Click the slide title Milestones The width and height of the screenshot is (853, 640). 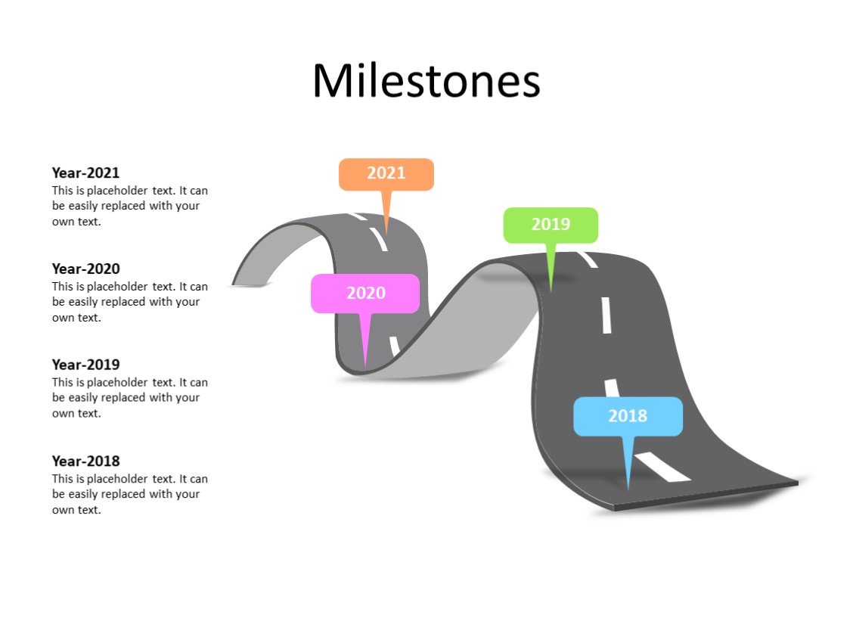[426, 80]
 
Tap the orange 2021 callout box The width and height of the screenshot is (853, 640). [386, 173]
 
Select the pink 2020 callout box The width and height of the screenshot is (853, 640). [365, 293]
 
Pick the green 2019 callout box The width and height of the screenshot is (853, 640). [551, 225]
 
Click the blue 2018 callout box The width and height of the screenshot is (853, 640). [628, 416]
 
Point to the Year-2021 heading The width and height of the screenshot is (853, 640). [85, 172]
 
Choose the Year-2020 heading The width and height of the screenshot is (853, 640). [85, 269]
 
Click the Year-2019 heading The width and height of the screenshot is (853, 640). [85, 365]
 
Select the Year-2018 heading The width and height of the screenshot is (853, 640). [85, 461]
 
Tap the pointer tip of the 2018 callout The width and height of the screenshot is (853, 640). [628, 489]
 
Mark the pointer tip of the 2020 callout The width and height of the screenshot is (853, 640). [366, 367]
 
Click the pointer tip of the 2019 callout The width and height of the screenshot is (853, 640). [551, 290]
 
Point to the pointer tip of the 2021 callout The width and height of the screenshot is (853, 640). [386, 233]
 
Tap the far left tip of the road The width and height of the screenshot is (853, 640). [234, 284]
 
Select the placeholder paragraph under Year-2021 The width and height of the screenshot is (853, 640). [129, 206]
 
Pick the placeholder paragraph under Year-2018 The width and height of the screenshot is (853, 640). [129, 494]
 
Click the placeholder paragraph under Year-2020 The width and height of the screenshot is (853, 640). [129, 302]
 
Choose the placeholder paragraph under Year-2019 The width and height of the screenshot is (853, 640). [129, 398]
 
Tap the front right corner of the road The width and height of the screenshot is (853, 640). [797, 482]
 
